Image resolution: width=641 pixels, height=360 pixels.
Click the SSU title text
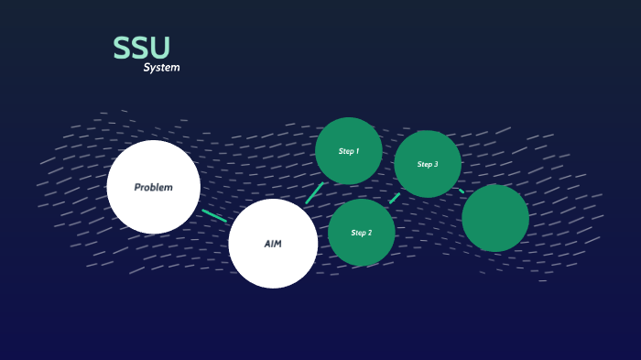(142, 49)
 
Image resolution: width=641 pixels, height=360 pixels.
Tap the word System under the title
(161, 68)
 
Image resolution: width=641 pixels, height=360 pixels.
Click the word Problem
(153, 188)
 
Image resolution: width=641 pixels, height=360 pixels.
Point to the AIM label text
(273, 244)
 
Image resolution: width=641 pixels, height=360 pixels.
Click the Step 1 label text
(349, 151)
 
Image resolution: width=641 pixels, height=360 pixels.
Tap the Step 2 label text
(362, 233)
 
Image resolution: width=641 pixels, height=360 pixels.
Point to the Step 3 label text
(428, 165)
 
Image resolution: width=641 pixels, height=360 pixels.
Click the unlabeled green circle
(495, 218)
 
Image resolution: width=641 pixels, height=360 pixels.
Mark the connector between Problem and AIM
(214, 215)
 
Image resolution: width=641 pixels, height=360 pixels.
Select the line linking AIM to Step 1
(314, 193)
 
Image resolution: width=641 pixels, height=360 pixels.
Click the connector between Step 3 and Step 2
(395, 198)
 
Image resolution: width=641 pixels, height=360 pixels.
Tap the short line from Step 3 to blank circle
(462, 191)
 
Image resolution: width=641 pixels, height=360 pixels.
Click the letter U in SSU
(159, 49)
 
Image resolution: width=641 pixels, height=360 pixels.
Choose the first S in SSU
(122, 49)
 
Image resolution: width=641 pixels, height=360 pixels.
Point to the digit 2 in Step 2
(369, 233)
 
